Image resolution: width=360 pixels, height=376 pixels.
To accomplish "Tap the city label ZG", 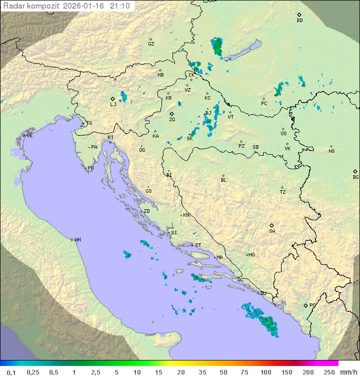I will coord(172,120).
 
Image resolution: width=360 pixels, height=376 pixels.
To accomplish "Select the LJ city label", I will coord(113,104).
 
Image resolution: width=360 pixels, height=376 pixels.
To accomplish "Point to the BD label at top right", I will coord(299,21).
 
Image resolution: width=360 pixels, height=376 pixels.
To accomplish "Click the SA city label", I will coord(272,231).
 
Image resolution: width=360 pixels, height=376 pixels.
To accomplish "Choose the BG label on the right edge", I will coord(355,177).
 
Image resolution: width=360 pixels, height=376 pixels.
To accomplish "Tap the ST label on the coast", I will coord(198,245).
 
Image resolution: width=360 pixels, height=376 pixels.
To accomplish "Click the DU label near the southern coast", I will coord(262,293).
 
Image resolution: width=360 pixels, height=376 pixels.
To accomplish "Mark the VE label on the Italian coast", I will coord(29,136).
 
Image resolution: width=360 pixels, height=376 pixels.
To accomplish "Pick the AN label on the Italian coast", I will coord(77,240).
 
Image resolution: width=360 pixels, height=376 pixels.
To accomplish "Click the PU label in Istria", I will coord(90,168).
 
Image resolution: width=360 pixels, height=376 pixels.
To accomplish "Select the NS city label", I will coord(331,151).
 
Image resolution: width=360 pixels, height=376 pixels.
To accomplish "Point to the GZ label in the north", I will coord(151,44).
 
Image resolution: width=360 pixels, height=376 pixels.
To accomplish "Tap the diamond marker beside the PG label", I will coord(305,305).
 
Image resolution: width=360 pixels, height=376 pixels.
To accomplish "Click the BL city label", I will coord(223,180).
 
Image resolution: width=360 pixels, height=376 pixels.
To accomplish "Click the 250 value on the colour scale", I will coord(328,372).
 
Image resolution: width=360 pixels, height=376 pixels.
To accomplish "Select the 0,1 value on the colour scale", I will coord(11,372).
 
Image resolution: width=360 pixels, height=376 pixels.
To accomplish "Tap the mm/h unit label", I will coord(347,372).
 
